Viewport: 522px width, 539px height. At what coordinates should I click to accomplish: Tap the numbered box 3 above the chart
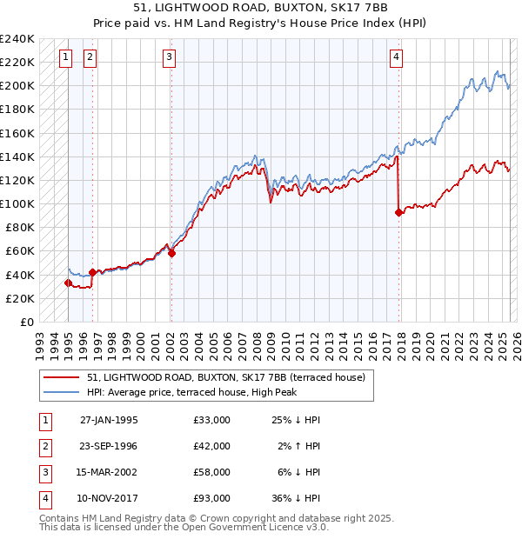tap(169, 58)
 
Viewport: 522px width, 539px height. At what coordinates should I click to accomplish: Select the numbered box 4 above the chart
tap(396, 58)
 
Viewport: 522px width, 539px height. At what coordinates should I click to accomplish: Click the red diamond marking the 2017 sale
tap(398, 212)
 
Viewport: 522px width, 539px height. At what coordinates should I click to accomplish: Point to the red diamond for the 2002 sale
tap(171, 254)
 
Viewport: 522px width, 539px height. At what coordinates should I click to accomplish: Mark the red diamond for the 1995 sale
tap(68, 283)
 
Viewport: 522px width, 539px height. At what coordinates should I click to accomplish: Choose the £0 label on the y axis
tap(26, 322)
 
